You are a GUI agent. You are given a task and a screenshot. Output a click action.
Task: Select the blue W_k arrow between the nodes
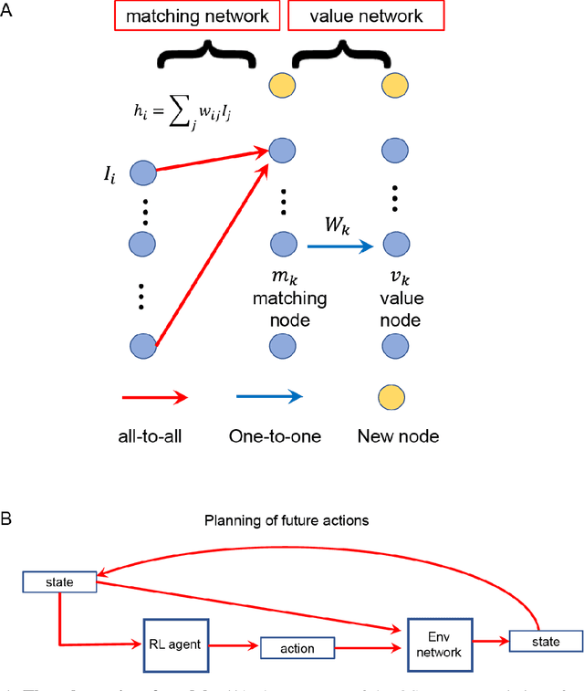pyautogui.click(x=339, y=246)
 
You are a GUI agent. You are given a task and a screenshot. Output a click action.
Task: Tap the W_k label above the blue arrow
pyautogui.click(x=338, y=223)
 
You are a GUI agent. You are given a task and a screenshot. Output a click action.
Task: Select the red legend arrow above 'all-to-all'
pyautogui.click(x=152, y=397)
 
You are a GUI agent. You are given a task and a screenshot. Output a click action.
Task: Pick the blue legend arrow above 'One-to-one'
pyautogui.click(x=269, y=397)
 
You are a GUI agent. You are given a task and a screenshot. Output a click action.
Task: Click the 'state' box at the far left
pyautogui.click(x=58, y=581)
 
